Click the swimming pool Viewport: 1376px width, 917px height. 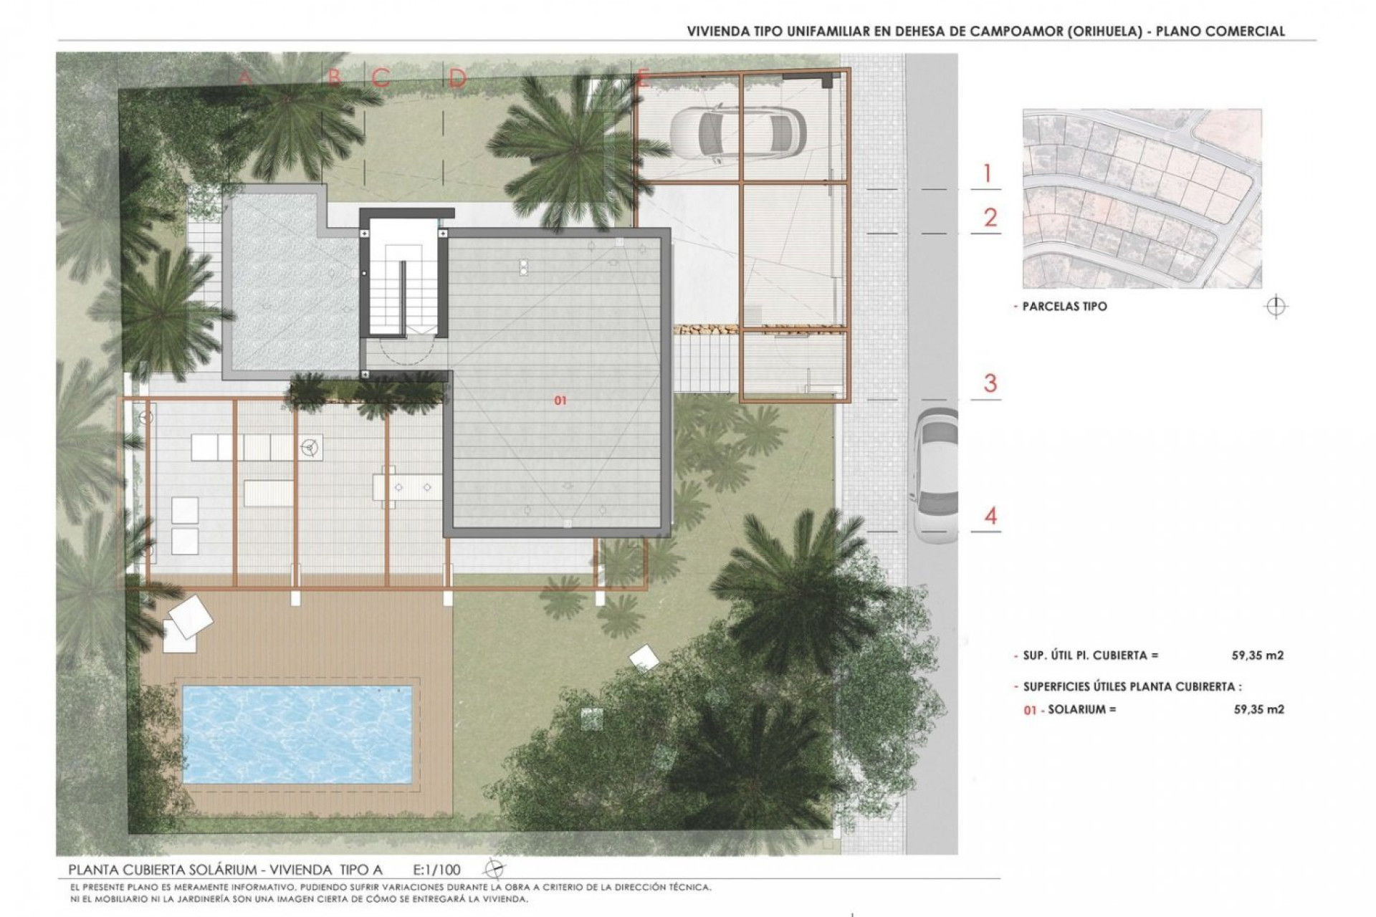point(297,734)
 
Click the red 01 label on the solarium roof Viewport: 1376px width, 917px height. point(560,400)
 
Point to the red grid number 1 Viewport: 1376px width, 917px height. point(988,173)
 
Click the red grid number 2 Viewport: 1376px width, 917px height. point(990,218)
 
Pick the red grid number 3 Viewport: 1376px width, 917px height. point(990,383)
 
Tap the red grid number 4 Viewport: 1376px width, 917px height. point(990,515)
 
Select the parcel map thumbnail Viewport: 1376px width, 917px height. point(1142,198)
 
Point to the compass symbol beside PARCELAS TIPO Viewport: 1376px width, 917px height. point(1276,307)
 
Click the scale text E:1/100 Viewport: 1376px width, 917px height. point(436,870)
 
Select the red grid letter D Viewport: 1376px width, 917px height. point(457,78)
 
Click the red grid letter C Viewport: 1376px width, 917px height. point(381,78)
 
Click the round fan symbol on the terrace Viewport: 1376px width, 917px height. point(310,447)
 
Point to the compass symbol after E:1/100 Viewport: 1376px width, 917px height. point(494,870)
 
